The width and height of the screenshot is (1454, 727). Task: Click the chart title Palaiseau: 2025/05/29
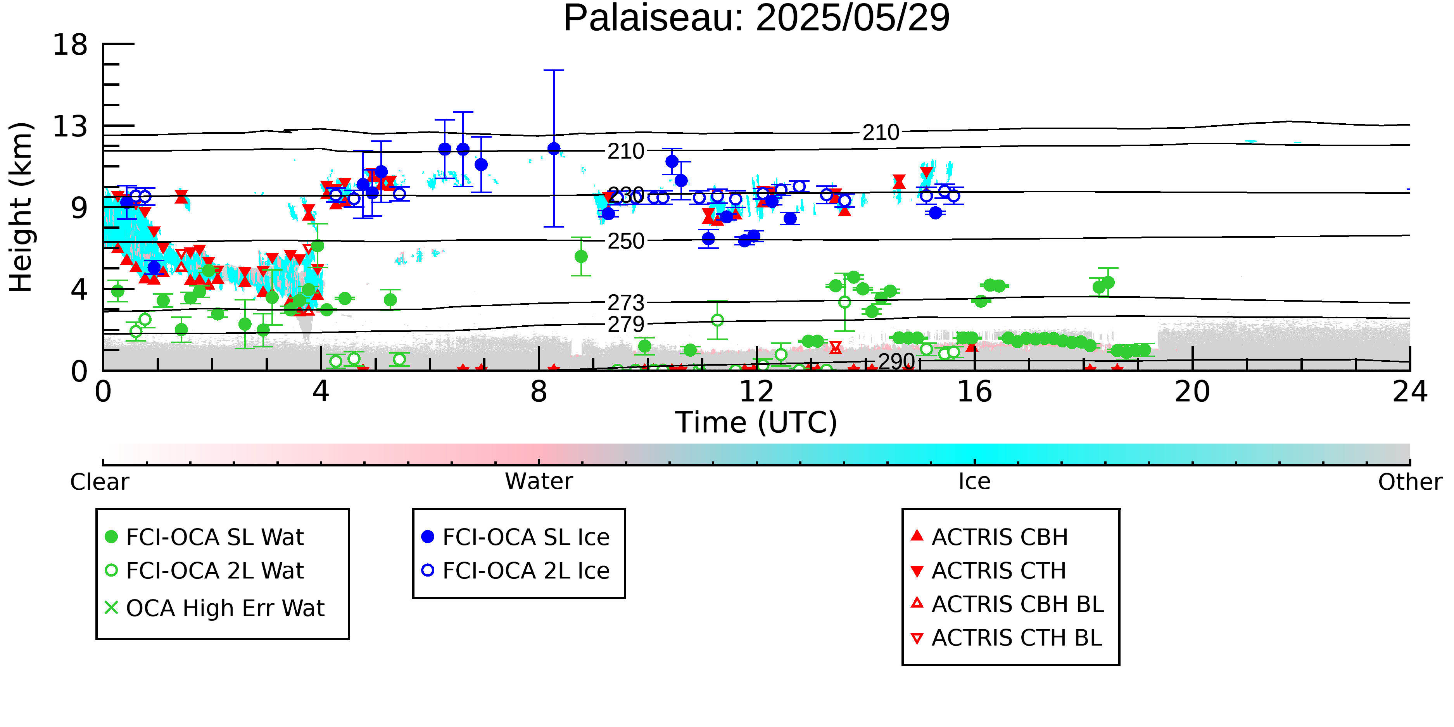(x=756, y=18)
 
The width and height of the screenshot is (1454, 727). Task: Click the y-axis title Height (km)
(x=21, y=207)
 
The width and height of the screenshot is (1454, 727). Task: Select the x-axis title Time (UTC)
(x=756, y=423)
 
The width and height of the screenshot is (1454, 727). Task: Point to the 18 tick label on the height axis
(x=70, y=45)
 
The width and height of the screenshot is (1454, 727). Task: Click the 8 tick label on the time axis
(x=539, y=392)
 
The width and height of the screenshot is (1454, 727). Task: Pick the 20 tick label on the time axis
(x=1192, y=392)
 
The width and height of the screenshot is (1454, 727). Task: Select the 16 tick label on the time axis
(x=974, y=392)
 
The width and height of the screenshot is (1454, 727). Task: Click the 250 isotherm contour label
(x=625, y=242)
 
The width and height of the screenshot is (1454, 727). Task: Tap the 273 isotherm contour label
(x=625, y=304)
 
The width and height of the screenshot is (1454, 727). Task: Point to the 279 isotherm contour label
(x=625, y=325)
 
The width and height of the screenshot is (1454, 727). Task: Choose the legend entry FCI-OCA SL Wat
(x=205, y=537)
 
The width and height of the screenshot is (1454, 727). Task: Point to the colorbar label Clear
(x=100, y=482)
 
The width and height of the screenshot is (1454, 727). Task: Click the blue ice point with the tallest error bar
(x=554, y=149)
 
